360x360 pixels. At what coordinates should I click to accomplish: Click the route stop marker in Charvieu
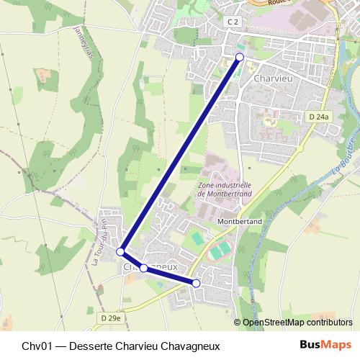click(x=240, y=57)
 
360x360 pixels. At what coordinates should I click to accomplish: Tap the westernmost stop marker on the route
click(x=121, y=252)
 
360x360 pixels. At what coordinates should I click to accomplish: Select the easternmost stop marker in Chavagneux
click(x=196, y=284)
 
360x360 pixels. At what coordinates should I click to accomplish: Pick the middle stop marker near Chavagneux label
click(x=143, y=268)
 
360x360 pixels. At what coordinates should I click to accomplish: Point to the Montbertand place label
click(x=238, y=222)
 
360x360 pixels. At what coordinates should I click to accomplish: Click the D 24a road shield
click(x=318, y=116)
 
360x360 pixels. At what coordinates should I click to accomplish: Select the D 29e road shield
click(x=112, y=318)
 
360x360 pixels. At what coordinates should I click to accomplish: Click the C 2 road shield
click(x=232, y=22)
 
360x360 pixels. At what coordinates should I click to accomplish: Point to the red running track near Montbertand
click(x=220, y=251)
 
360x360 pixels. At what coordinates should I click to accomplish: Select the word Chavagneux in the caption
click(x=188, y=346)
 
